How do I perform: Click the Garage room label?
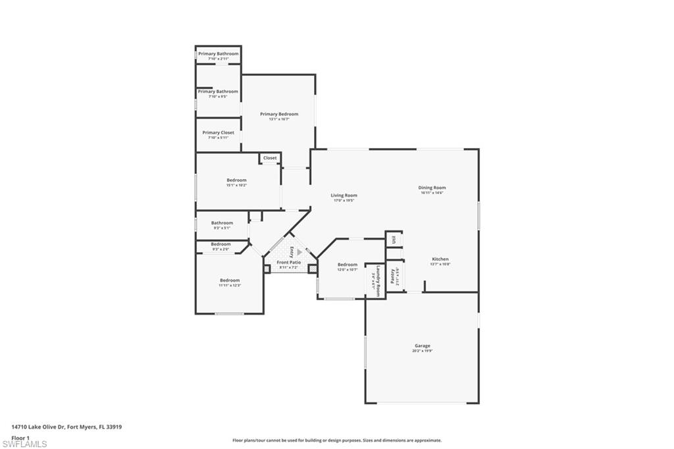tap(423, 346)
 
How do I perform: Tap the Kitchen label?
tap(440, 259)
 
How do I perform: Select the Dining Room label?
tap(432, 188)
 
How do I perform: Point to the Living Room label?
tap(344, 196)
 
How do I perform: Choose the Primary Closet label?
tap(218, 133)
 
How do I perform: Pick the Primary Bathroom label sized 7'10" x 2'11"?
tap(218, 53)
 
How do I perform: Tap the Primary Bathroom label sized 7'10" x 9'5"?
tap(218, 92)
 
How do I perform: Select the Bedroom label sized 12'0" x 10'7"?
tap(348, 265)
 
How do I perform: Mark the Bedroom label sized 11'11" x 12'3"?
tap(230, 280)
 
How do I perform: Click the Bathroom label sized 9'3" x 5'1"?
tap(222, 223)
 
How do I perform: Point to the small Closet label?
tap(270, 158)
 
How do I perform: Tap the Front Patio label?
tap(288, 263)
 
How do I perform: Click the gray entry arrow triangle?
tap(299, 251)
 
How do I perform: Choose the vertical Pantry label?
tap(393, 275)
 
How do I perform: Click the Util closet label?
tap(394, 239)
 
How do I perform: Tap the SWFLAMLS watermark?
tap(24, 444)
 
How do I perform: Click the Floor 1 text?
tap(20, 437)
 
